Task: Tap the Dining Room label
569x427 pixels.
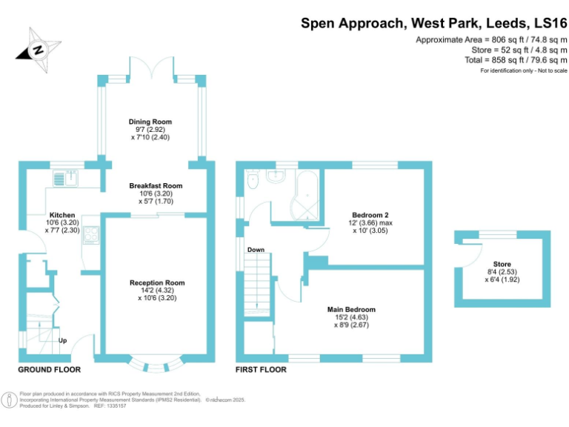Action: [150, 122]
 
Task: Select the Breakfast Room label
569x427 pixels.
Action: [156, 186]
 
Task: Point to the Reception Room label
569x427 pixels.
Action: [157, 283]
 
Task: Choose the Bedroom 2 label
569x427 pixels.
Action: [370, 215]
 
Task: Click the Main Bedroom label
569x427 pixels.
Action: [351, 309]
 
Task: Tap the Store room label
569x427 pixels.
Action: [502, 265]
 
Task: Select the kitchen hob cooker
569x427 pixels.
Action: [92, 235]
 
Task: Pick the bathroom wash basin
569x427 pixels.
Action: [276, 177]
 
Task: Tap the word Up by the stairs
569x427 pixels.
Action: [64, 341]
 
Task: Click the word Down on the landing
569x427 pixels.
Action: [256, 250]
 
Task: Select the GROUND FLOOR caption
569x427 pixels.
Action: [50, 369]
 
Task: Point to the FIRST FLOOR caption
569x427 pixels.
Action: [261, 369]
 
